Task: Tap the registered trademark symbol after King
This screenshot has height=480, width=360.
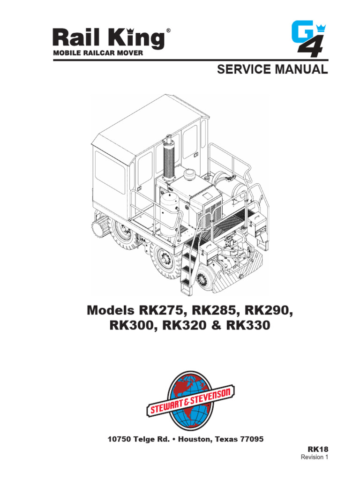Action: coord(168,30)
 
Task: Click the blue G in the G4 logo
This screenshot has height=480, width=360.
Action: coord(302,32)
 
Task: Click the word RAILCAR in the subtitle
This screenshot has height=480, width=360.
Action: coord(100,53)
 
